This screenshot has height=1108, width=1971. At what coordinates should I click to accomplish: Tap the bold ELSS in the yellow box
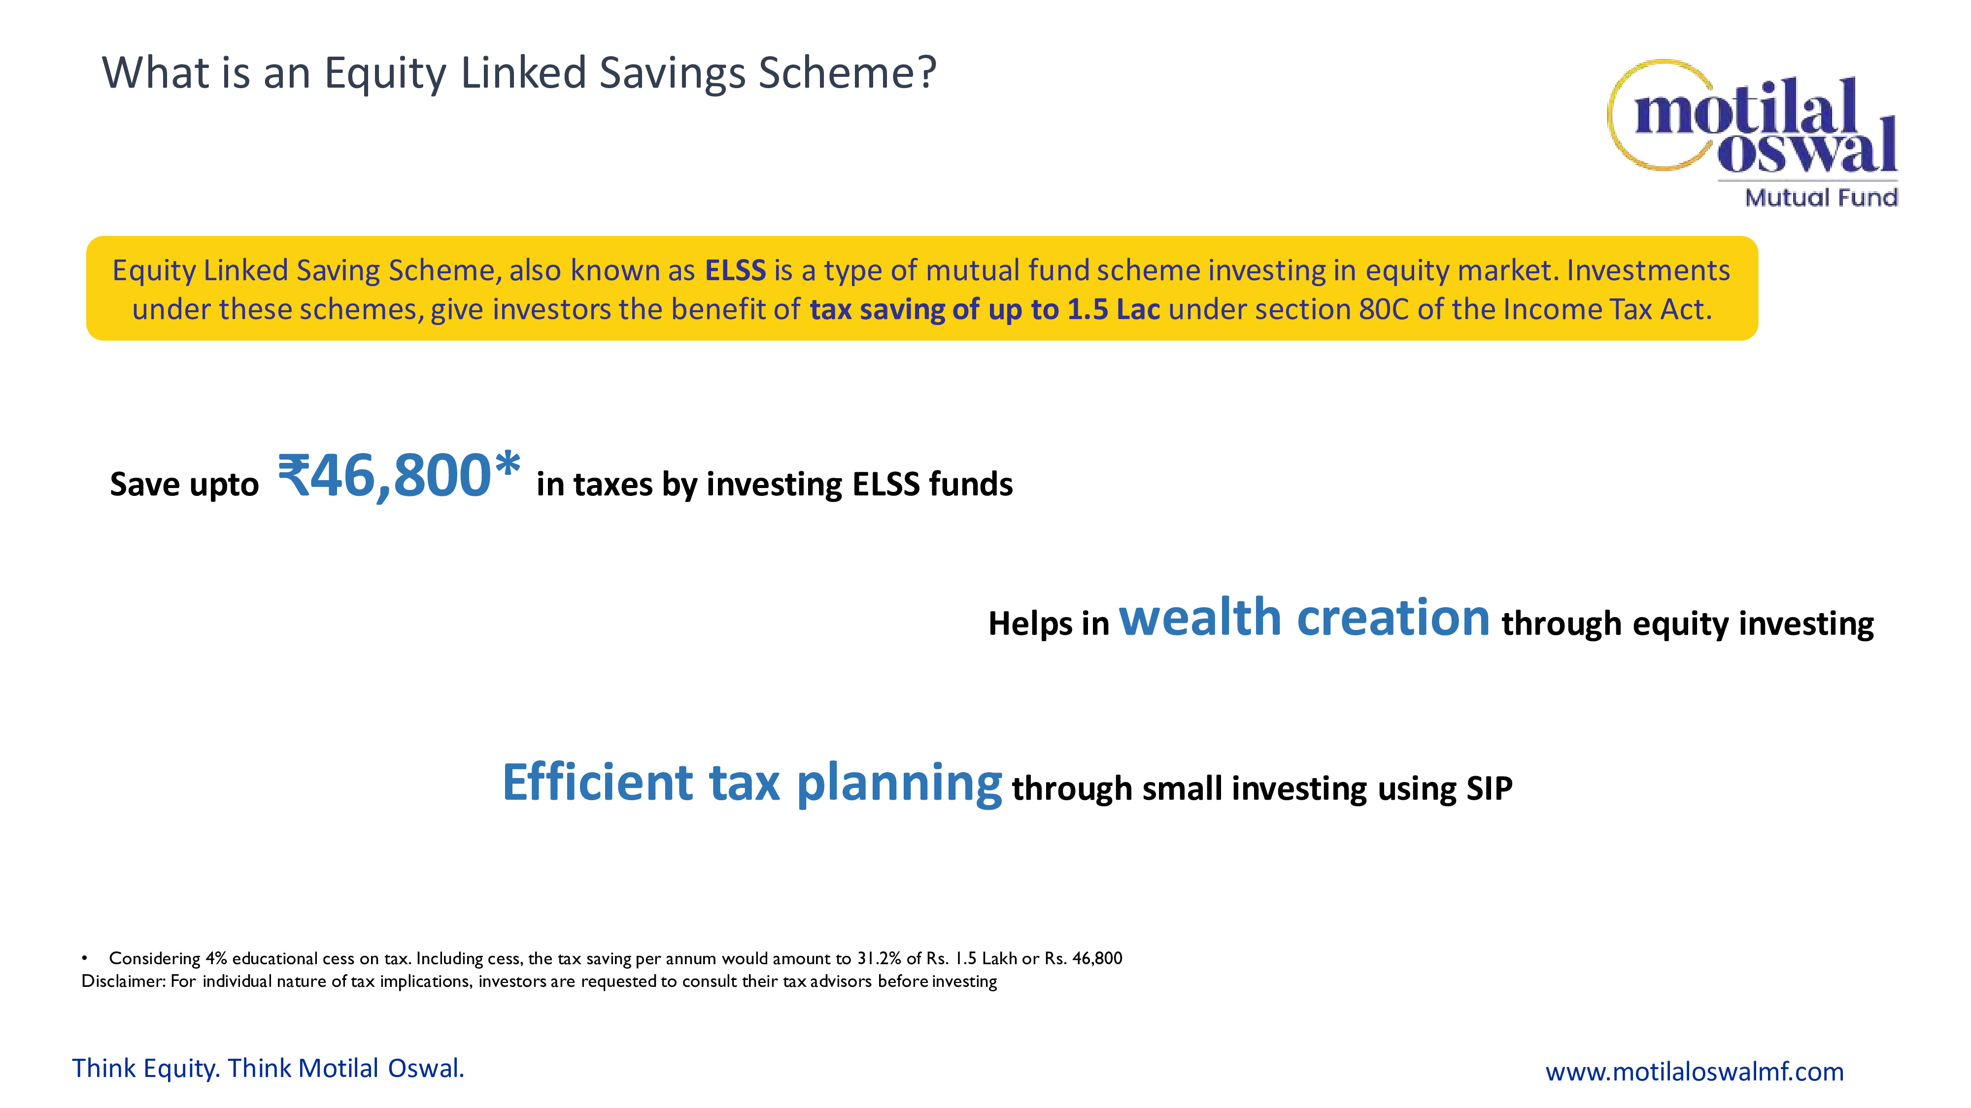pos(735,271)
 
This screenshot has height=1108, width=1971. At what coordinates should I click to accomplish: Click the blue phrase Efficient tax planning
pos(752,782)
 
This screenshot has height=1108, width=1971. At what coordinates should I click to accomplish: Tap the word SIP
pos(1489,788)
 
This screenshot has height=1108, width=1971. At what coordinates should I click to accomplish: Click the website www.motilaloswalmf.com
pos(1694,1071)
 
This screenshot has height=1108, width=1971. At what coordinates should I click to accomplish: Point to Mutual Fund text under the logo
pos(1821,197)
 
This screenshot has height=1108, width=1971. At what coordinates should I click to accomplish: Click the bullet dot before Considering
pos(85,959)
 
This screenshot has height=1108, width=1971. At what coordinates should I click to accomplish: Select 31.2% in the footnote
pos(879,958)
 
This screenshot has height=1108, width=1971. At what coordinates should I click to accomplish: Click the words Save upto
pos(184,485)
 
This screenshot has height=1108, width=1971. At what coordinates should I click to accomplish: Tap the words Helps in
pos(1048,624)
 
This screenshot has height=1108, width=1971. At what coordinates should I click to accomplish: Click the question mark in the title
pos(927,72)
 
